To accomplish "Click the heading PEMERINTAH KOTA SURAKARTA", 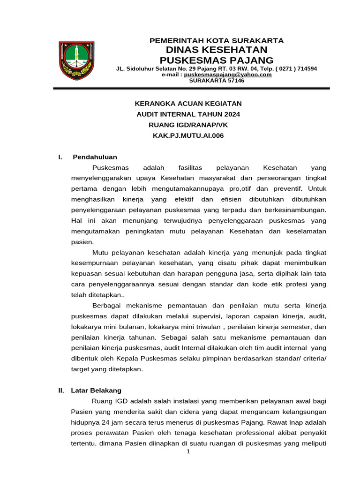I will [216, 40].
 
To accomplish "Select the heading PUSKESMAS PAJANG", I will [217, 60].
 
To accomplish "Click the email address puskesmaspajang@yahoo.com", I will [228, 75].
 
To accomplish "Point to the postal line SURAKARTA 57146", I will [217, 81].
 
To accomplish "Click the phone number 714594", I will [306, 68].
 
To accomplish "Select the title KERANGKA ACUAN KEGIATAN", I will [188, 103].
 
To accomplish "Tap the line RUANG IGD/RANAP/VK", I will [188, 125].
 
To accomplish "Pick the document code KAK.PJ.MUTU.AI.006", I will [188, 136].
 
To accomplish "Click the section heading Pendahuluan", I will [95, 157].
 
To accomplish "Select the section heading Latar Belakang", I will [96, 390].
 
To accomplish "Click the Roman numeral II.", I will [61, 390].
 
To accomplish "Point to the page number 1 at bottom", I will [188, 451].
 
